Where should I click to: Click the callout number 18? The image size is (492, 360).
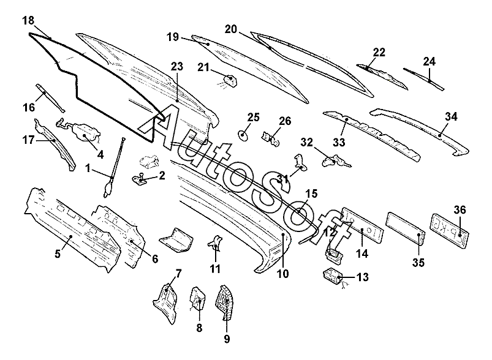point(28,21)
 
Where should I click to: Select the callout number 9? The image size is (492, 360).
point(226,338)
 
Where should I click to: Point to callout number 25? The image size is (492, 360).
point(254,117)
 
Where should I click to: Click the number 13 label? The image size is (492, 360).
point(362,277)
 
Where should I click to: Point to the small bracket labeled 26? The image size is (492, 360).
point(271,140)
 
